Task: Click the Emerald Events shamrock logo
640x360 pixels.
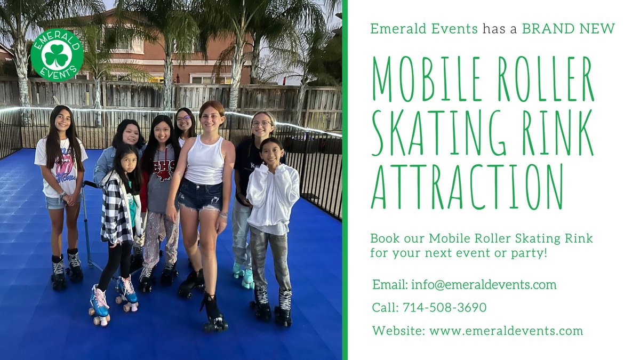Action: (57, 55)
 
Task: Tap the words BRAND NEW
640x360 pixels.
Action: (569, 29)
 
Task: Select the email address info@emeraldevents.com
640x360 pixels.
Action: (484, 285)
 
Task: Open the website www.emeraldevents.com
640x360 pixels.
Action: (506, 331)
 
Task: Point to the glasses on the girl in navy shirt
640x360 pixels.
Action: (261, 124)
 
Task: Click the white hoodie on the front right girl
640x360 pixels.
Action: (273, 197)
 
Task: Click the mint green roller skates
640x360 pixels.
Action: (243, 275)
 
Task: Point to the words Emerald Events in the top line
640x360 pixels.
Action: (424, 29)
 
